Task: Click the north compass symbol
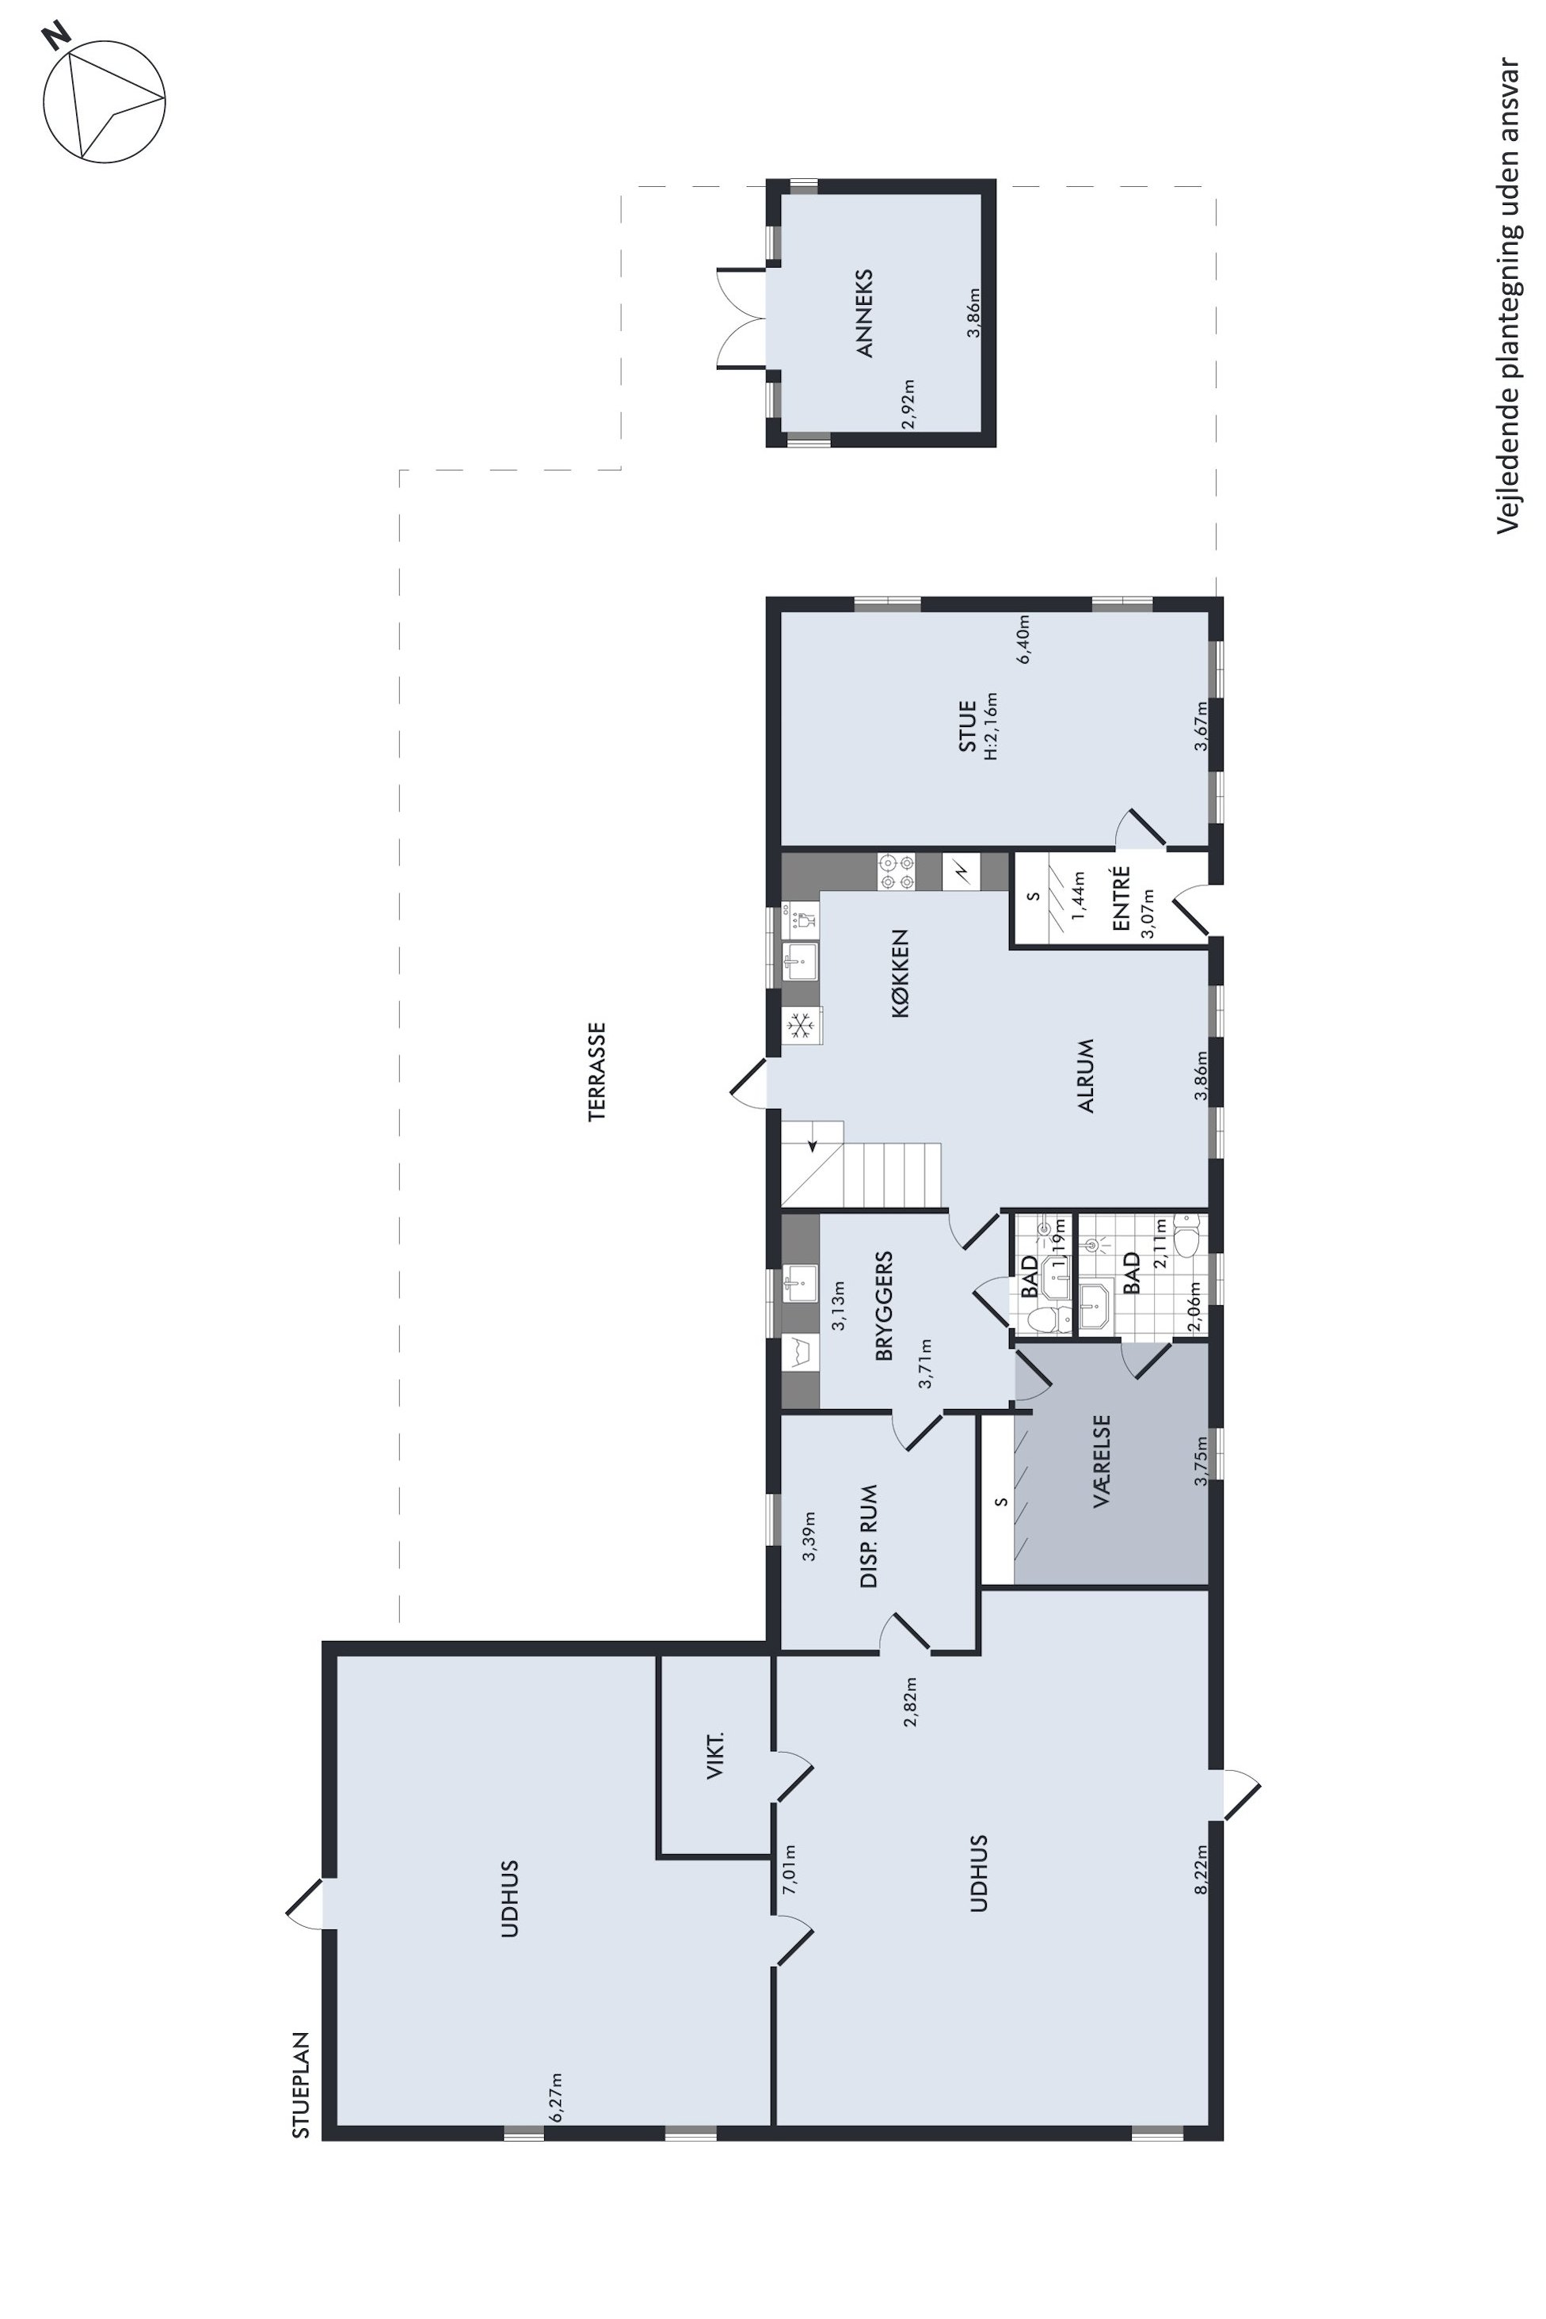104,101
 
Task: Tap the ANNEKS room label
866,313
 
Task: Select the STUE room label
967,726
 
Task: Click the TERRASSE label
597,1072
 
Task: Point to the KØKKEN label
899,973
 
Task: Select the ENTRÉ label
1120,898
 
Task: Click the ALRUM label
1087,1075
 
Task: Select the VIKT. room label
716,1755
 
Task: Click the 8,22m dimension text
1200,1869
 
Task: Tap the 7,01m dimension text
790,1869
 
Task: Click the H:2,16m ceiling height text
991,726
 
